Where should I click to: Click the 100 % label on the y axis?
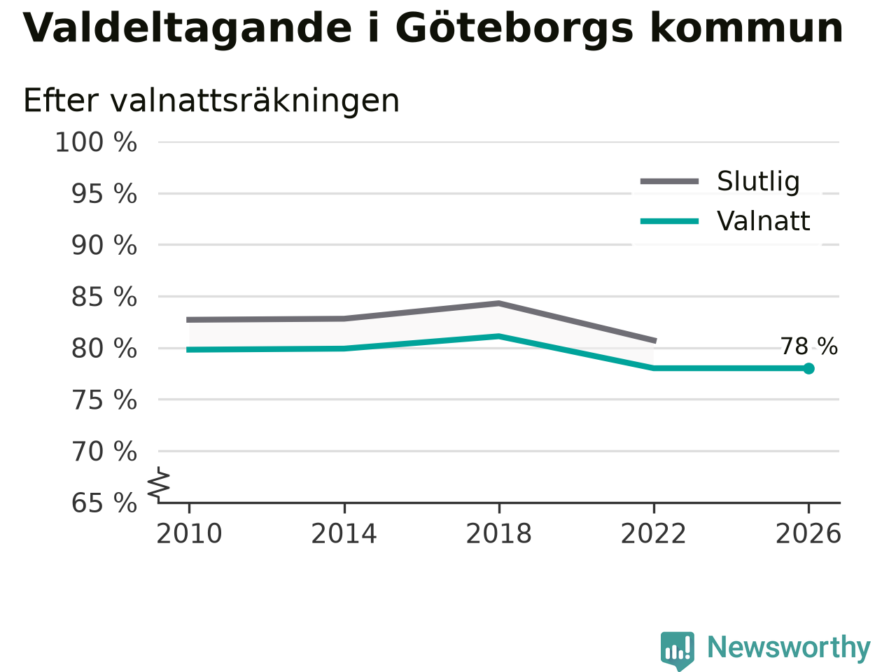(96, 142)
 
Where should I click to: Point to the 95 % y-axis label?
(104, 194)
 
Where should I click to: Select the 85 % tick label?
(104, 297)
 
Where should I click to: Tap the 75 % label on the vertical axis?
(104, 400)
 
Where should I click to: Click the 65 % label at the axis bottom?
(104, 503)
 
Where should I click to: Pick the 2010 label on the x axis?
(189, 533)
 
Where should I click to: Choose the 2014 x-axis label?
(344, 533)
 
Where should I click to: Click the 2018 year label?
(499, 533)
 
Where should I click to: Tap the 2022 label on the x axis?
(654, 533)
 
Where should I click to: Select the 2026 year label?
(808, 533)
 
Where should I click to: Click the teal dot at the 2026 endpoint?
(808, 368)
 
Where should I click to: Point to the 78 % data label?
(809, 346)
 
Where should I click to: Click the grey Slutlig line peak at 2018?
(499, 303)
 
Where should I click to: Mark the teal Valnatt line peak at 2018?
(499, 336)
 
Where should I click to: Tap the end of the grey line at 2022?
(655, 340)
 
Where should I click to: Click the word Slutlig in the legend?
(758, 181)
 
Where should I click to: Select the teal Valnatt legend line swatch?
(669, 222)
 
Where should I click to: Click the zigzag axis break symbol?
(158, 484)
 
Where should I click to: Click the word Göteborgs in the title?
(514, 29)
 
